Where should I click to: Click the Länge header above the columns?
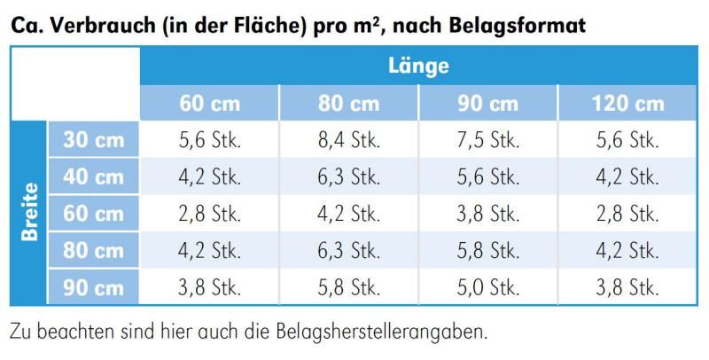point(418,66)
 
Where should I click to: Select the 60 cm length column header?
point(210,103)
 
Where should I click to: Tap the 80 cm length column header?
point(348,103)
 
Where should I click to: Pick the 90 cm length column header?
point(487,103)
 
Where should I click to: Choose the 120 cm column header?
point(627,103)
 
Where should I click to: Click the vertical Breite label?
point(30,213)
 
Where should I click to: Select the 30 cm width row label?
point(94,139)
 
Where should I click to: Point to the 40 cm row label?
point(94,176)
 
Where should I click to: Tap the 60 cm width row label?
point(94,214)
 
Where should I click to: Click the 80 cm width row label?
point(94,251)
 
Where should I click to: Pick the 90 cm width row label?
point(94,288)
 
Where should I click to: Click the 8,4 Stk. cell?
point(348,139)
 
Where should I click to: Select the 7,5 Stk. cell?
point(487,139)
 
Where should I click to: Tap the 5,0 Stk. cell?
point(487,288)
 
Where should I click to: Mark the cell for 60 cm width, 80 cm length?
point(348,214)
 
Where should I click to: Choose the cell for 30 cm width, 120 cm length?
point(627,139)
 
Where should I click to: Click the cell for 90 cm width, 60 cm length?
point(210,288)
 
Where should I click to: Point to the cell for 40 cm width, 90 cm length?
point(487,176)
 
